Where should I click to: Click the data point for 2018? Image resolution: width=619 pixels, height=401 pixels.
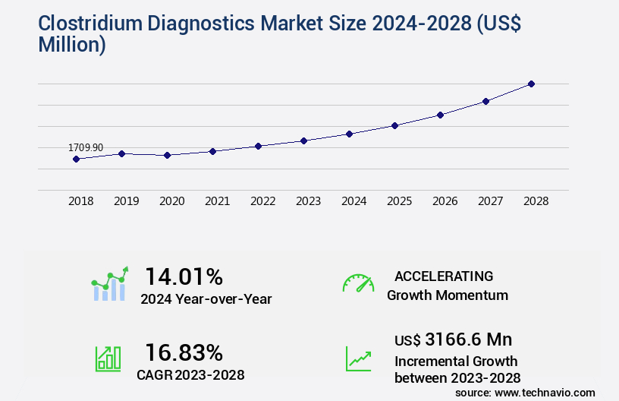(x=76, y=159)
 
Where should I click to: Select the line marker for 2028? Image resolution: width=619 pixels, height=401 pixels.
(x=531, y=84)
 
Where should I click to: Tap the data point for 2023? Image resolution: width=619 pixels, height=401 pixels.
(x=303, y=141)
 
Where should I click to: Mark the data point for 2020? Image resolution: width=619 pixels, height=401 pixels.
(x=167, y=155)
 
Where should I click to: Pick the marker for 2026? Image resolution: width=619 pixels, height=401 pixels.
(x=440, y=115)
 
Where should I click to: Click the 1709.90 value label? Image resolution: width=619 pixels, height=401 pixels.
(x=86, y=147)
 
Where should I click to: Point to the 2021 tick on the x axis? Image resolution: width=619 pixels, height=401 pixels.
(x=217, y=201)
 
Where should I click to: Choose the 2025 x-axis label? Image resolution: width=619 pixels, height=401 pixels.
(x=399, y=201)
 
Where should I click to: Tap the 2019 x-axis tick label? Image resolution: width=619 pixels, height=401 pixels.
(x=126, y=201)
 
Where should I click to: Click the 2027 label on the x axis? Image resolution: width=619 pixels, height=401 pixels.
(x=490, y=201)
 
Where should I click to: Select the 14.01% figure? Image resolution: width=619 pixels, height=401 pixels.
(x=184, y=276)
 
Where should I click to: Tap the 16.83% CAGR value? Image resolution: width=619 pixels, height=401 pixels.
(x=184, y=352)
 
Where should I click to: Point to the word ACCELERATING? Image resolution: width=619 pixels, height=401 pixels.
(x=444, y=276)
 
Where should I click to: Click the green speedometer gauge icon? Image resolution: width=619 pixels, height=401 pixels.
(x=358, y=283)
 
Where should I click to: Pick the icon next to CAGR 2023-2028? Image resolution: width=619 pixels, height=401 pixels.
(x=108, y=358)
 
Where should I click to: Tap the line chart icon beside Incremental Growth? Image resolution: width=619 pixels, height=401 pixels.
(x=358, y=358)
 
